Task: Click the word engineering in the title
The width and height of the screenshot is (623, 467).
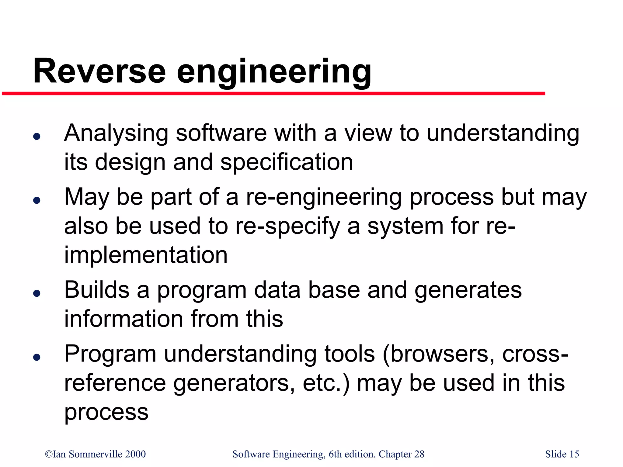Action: click(x=274, y=73)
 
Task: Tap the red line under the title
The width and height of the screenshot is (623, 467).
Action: click(x=274, y=94)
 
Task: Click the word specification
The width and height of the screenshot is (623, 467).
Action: click(x=287, y=162)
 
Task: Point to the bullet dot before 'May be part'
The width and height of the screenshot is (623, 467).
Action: click(x=37, y=200)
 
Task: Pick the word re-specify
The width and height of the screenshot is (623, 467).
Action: click(x=287, y=227)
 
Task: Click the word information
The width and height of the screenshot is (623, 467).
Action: click(x=124, y=319)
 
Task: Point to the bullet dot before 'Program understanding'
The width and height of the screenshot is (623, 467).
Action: click(x=37, y=357)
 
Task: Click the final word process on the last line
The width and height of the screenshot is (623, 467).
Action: click(x=106, y=413)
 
